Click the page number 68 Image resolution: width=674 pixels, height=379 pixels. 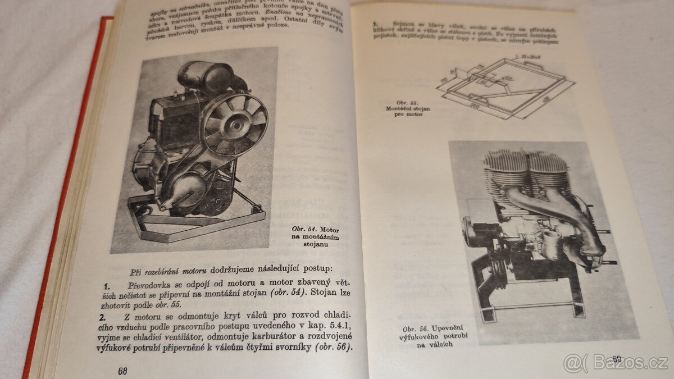123,370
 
